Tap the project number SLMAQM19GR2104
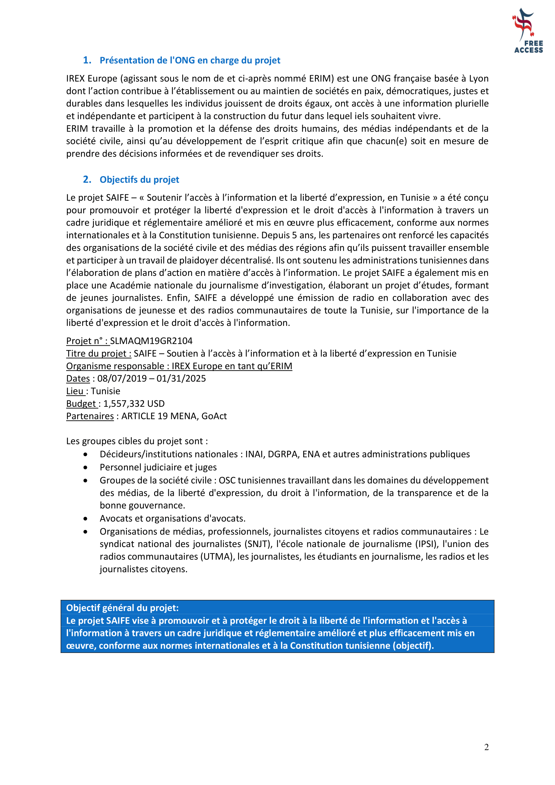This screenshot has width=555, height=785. tap(151, 341)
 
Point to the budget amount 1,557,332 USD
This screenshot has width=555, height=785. tap(134, 404)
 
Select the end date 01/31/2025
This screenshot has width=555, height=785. tap(181, 379)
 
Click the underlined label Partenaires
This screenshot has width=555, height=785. tap(90, 416)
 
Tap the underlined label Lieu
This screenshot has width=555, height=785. tap(75, 391)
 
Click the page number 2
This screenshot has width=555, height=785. tap(486, 747)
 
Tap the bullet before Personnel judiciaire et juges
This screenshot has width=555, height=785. tap(85, 468)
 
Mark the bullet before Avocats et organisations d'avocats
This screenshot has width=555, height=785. tap(85, 519)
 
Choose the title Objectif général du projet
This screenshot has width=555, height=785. tap(122, 608)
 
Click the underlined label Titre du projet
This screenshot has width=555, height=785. tap(99, 353)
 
